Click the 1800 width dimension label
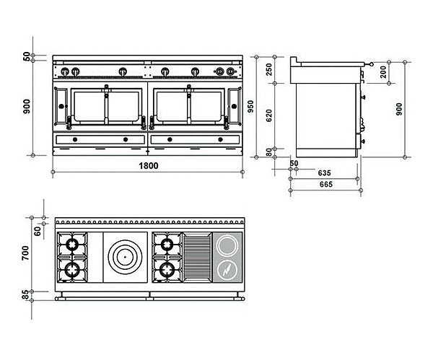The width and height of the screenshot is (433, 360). coord(149,165)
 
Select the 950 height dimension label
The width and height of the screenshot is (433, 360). coord(250,107)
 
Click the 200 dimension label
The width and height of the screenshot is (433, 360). coord(382,70)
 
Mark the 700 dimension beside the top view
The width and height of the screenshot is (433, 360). coord(26,253)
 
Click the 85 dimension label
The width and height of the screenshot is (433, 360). coord(26,295)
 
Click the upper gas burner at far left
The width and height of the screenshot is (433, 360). coord(73,245)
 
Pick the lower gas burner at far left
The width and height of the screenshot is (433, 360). coord(73,270)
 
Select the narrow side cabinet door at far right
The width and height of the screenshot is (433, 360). coord(233,105)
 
